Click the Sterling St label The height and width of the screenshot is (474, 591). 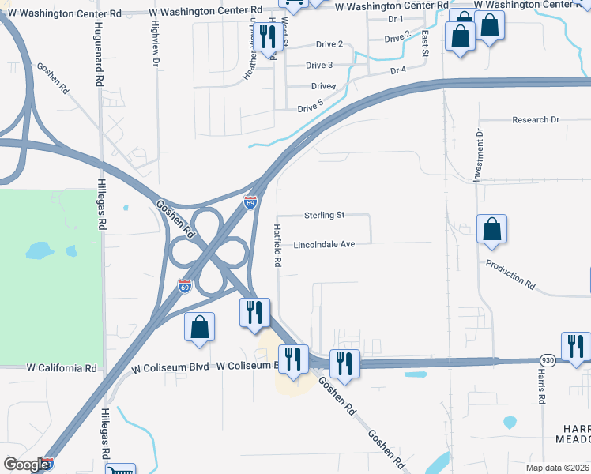[325, 215]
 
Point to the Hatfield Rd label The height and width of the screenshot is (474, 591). [278, 246]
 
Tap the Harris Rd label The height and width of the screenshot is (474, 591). [542, 387]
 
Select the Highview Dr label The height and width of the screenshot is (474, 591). [156, 43]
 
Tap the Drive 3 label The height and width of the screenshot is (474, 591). [319, 66]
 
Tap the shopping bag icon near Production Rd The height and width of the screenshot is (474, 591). [491, 229]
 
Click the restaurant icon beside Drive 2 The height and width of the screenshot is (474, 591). [267, 38]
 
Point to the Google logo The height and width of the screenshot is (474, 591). [25, 465]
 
